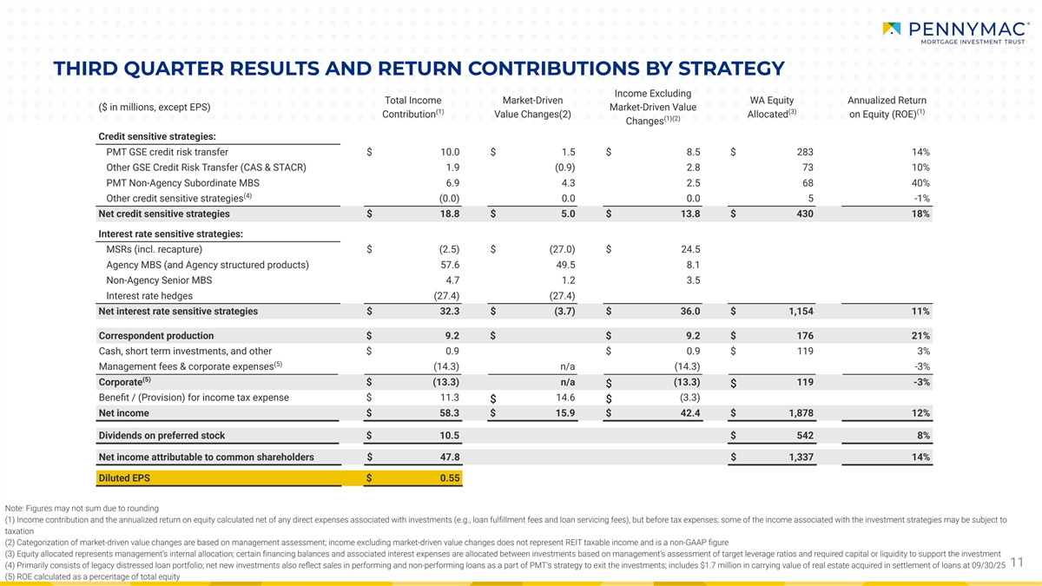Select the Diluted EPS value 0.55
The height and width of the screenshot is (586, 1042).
[449, 477]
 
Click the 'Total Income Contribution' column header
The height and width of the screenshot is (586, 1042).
[413, 107]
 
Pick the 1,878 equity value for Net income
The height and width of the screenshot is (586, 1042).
[800, 412]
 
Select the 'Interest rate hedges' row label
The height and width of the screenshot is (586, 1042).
[149, 295]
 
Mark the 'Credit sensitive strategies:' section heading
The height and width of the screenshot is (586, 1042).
[157, 136]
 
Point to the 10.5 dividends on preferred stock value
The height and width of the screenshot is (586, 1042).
[449, 435]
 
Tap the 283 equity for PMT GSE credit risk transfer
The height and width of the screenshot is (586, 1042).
[804, 152]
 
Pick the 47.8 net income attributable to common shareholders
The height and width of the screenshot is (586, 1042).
[449, 457]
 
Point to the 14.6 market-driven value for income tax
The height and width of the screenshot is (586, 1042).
[563, 398]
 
